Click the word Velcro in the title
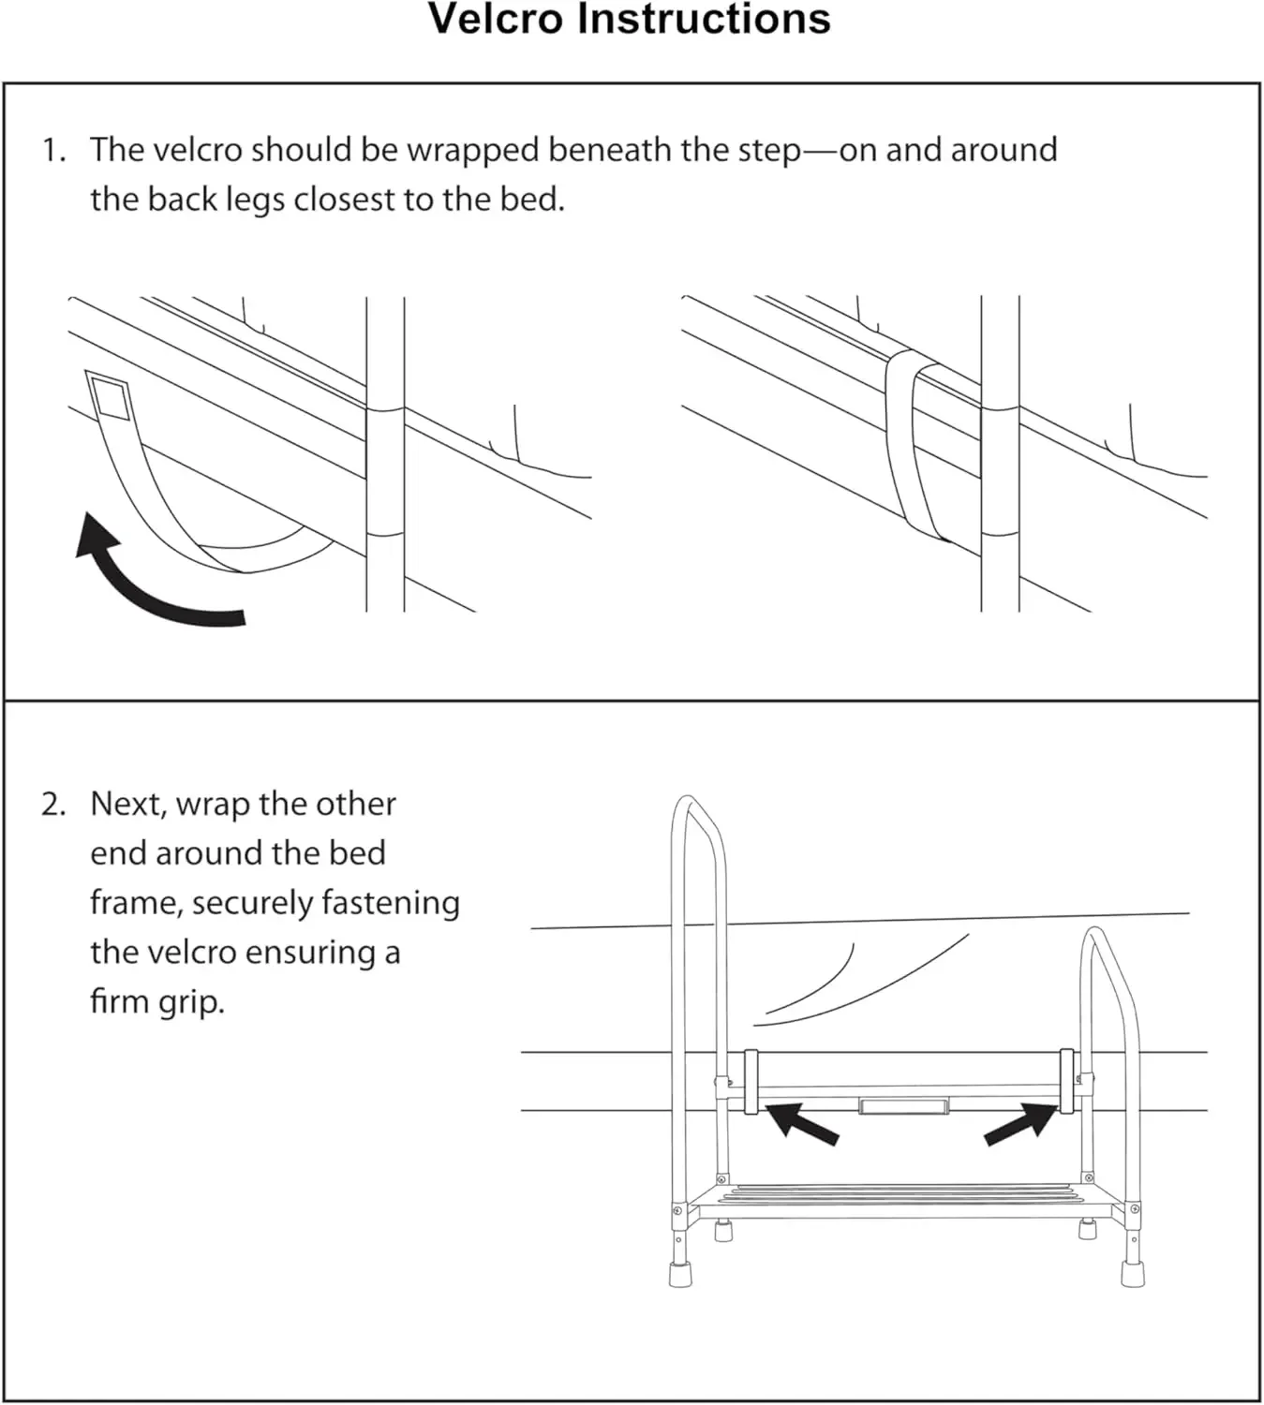coord(496,20)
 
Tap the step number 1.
coord(52,150)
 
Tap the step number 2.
coord(52,805)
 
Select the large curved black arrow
coord(150,581)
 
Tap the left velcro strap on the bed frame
coord(751,1081)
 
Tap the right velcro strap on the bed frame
coord(1066,1081)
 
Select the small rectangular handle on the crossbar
coord(904,1106)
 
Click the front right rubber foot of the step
coord(1132,1272)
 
